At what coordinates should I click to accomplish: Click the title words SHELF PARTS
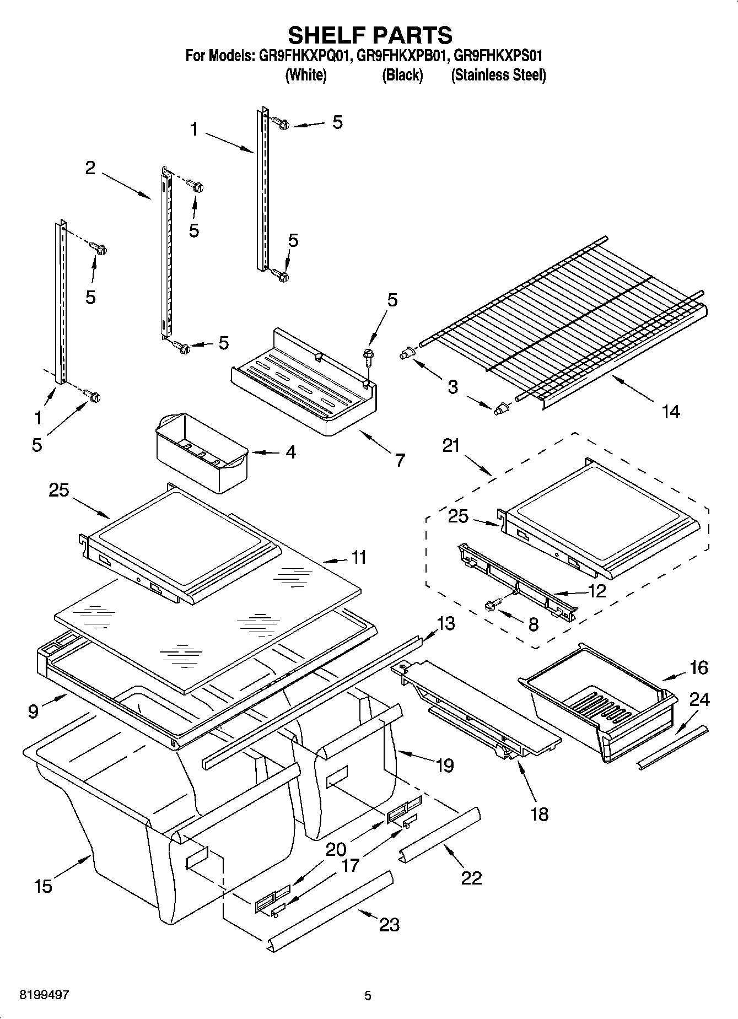click(370, 35)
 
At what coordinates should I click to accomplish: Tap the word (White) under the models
click(306, 75)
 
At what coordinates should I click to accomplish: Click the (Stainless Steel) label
click(498, 75)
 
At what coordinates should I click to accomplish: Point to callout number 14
click(670, 411)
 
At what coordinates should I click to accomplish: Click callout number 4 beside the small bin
click(291, 452)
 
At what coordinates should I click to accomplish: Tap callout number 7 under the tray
click(400, 459)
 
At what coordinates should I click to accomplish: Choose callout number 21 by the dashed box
click(451, 445)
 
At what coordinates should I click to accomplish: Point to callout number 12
click(597, 591)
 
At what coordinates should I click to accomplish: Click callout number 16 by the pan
click(698, 667)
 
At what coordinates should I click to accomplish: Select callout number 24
click(699, 699)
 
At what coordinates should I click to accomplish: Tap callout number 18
click(540, 813)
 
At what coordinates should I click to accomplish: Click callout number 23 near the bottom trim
click(389, 924)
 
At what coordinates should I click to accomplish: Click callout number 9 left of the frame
click(33, 711)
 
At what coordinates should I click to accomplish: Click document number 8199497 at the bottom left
click(44, 995)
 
